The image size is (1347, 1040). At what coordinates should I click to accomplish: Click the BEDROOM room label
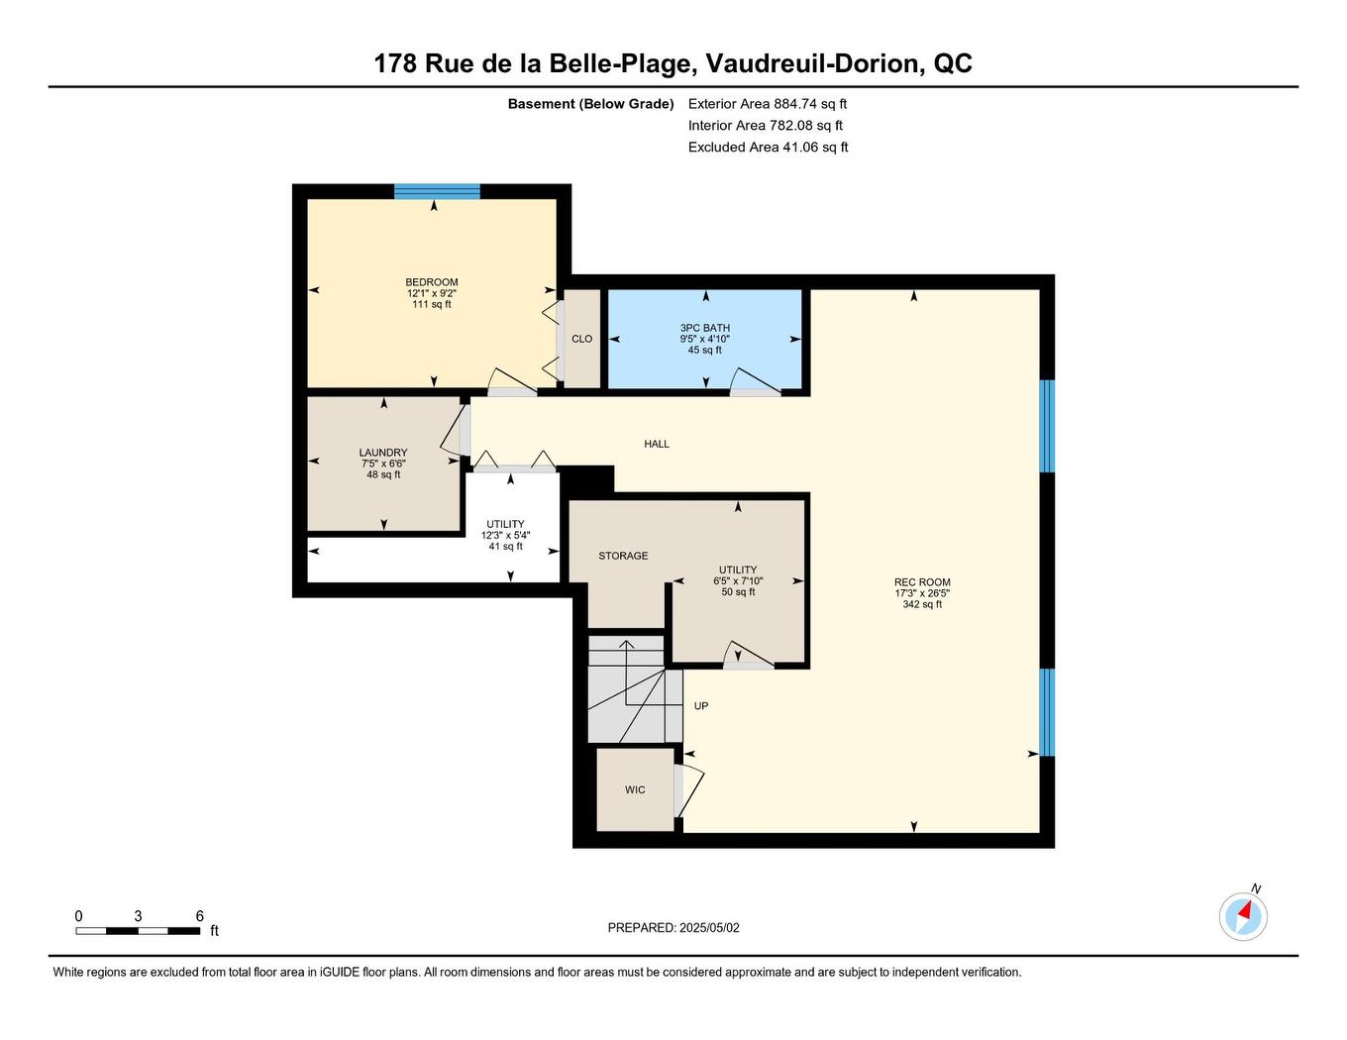(431, 282)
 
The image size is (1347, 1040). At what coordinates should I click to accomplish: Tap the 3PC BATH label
(704, 328)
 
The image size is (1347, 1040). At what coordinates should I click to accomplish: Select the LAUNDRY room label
(382, 453)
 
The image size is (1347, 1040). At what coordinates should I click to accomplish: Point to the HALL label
(657, 444)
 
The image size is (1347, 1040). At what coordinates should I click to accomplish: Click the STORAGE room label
(623, 556)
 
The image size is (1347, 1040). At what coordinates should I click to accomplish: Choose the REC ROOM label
(921, 582)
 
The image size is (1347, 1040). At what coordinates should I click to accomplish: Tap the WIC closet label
(635, 789)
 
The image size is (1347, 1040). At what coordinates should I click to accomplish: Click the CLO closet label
(581, 339)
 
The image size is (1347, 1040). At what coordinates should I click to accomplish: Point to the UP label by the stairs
(701, 706)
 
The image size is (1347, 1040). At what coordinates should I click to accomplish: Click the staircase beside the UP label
(632, 690)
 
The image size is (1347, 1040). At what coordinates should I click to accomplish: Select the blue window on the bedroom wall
(437, 191)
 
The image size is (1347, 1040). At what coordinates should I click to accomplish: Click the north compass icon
(1243, 916)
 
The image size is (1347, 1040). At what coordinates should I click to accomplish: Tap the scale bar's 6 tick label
(199, 916)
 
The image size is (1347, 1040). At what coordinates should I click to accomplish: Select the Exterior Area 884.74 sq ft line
(767, 104)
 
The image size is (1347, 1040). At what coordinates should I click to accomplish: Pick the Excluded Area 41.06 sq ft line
(768, 148)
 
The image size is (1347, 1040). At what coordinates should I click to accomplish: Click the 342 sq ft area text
(921, 604)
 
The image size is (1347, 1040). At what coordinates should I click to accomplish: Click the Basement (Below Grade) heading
(590, 104)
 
